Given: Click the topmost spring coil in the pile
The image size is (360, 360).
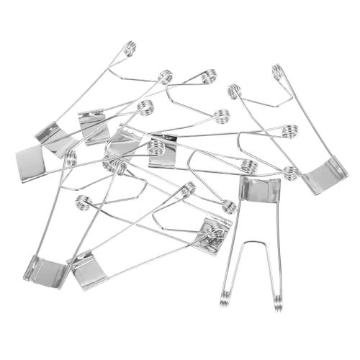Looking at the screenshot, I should tap(130, 49).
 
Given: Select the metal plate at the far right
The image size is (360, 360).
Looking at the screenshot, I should tap(325, 175).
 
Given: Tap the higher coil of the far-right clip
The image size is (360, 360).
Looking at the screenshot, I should tap(278, 72).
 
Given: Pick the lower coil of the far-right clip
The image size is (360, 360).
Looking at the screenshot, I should tap(233, 91).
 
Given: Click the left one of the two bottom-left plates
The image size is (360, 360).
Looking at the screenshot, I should tap(45, 270).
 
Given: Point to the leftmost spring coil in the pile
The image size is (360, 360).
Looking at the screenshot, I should tap(70, 158).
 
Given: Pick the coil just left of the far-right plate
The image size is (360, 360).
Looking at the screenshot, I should tap(290, 173).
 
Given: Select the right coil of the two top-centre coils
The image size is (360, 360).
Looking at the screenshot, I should tap(207, 76).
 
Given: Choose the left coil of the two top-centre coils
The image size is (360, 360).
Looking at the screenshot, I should tap(166, 76).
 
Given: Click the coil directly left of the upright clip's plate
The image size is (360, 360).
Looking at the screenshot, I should tap(229, 207).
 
